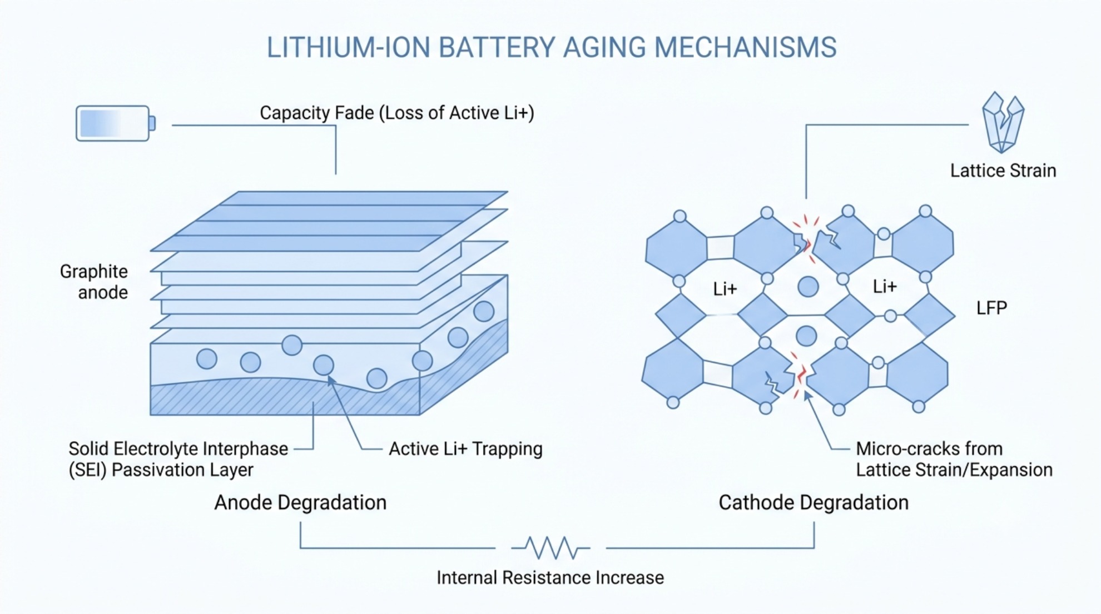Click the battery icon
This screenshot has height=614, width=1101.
[x=116, y=123]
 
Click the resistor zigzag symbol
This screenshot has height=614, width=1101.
[x=550, y=548]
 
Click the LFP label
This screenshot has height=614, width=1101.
[x=991, y=308]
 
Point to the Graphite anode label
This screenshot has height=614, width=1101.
[x=94, y=282]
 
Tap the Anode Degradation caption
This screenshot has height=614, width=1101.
[x=300, y=502]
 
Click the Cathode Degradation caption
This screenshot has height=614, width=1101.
[x=814, y=502]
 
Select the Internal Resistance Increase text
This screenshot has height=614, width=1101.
[x=550, y=578]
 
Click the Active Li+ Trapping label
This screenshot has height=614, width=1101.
[x=465, y=448]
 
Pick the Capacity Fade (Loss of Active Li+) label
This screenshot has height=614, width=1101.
[x=397, y=113]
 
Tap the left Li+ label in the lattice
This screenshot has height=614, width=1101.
[x=725, y=289]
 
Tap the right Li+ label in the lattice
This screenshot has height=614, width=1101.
[x=885, y=287]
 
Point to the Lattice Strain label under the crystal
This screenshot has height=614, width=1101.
[x=1003, y=171]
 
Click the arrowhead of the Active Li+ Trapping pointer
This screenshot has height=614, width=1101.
[x=330, y=380]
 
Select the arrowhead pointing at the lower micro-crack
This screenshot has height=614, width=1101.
[x=807, y=395]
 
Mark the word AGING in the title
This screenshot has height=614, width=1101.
[x=604, y=47]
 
